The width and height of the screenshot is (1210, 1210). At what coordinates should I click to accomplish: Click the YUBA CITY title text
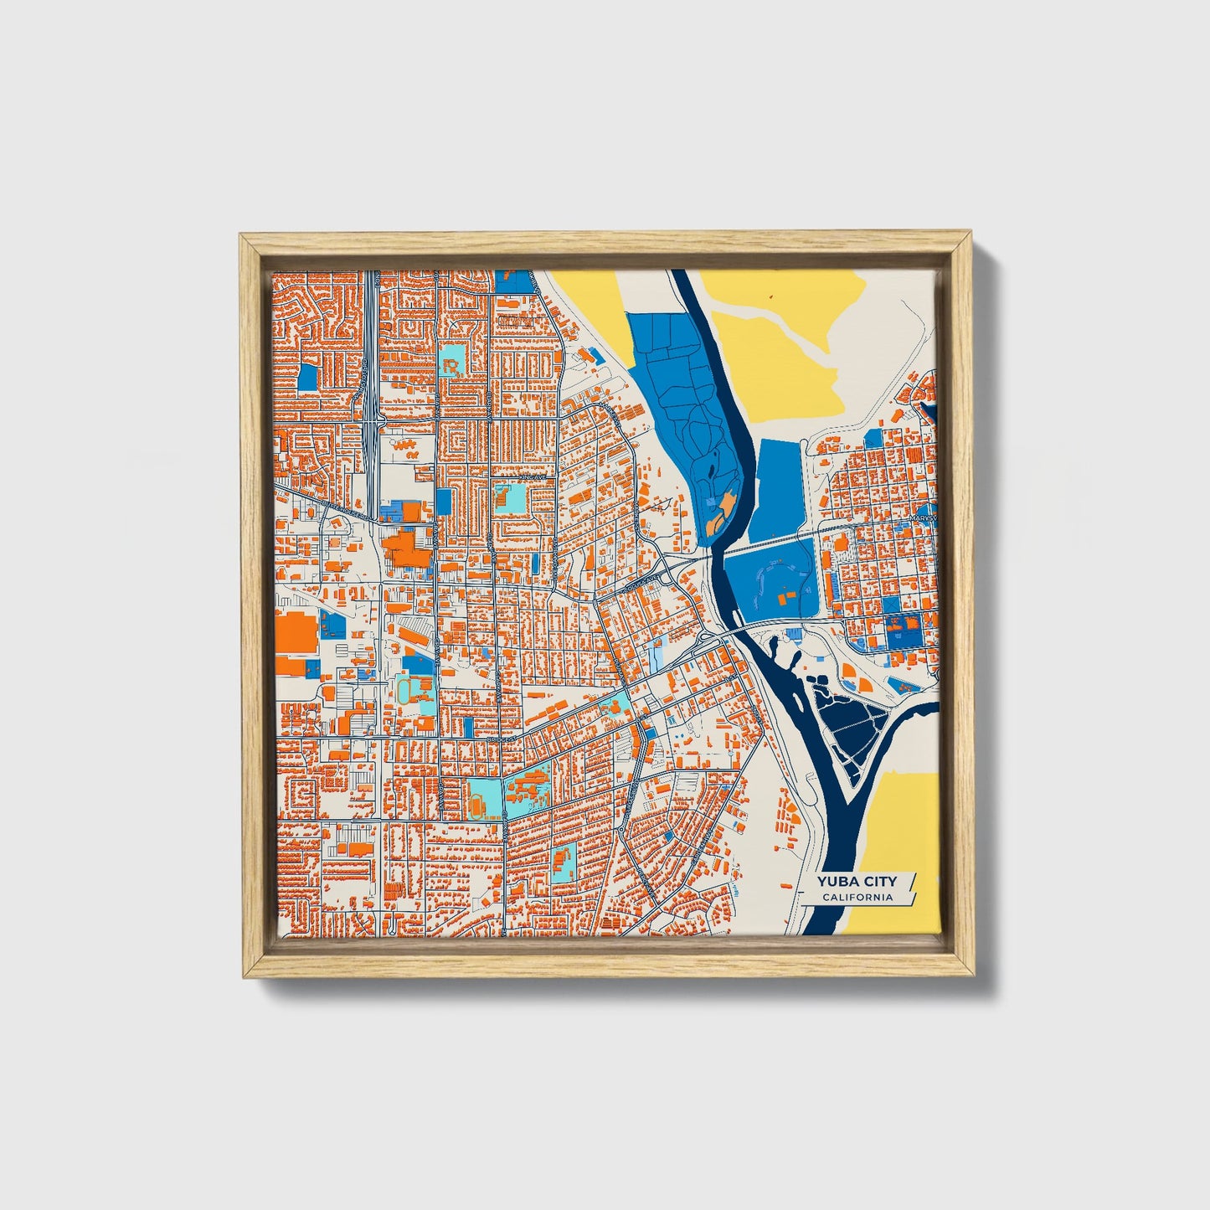click(857, 881)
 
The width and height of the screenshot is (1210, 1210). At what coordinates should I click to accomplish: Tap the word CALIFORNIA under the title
click(857, 898)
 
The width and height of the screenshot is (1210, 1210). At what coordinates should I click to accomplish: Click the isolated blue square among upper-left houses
click(308, 377)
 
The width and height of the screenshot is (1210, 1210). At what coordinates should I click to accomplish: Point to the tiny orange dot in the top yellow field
click(771, 296)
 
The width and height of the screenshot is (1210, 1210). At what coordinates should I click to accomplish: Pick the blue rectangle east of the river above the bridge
click(780, 490)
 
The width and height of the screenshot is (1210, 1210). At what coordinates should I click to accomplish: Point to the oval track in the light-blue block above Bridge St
click(406, 691)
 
